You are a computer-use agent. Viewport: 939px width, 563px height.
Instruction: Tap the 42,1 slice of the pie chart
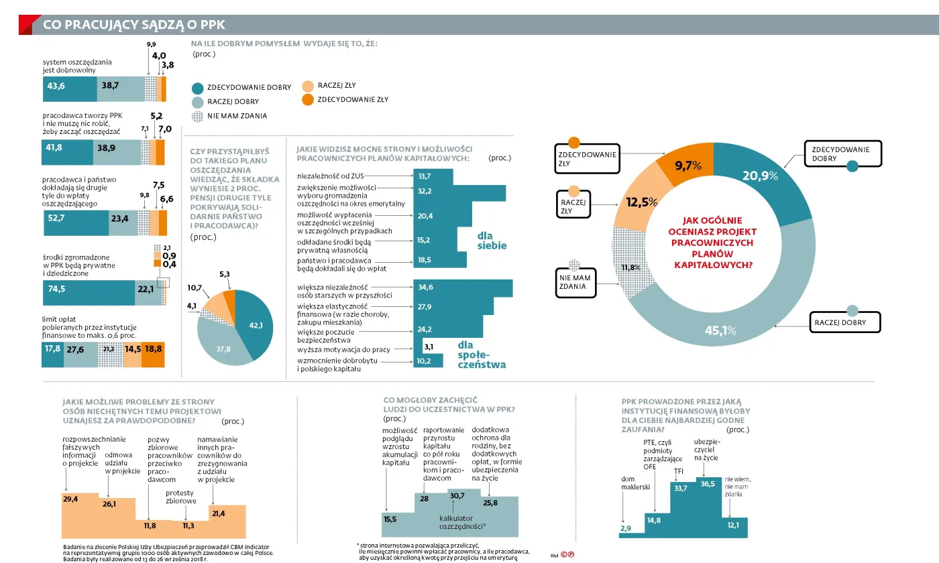pos(254,324)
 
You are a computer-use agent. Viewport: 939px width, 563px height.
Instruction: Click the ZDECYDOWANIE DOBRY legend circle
pos(197,88)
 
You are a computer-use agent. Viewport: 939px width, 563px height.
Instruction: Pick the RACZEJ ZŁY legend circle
pos(308,86)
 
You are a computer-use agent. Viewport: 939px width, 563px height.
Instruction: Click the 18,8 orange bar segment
pos(153,349)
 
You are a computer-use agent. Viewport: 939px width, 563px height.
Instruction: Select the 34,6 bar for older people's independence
pos(463,288)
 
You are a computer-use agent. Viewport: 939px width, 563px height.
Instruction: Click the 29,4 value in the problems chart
pos(70,499)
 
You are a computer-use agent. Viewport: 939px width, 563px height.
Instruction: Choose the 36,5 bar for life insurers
pos(708,484)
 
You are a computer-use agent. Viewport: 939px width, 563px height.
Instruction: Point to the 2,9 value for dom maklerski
pos(626,529)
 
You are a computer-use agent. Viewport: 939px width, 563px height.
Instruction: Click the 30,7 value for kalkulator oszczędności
pos(457,495)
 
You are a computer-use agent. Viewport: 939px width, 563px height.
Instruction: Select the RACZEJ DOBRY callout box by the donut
pos(844,322)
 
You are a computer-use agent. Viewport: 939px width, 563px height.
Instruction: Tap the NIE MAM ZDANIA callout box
pos(573,282)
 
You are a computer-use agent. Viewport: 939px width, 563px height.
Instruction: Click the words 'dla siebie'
pos(492,241)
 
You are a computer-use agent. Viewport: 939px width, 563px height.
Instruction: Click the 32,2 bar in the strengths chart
pos(443,191)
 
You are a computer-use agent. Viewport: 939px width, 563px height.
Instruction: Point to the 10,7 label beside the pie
pos(195,288)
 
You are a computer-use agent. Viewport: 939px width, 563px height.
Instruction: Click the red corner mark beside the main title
pos(26,23)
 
